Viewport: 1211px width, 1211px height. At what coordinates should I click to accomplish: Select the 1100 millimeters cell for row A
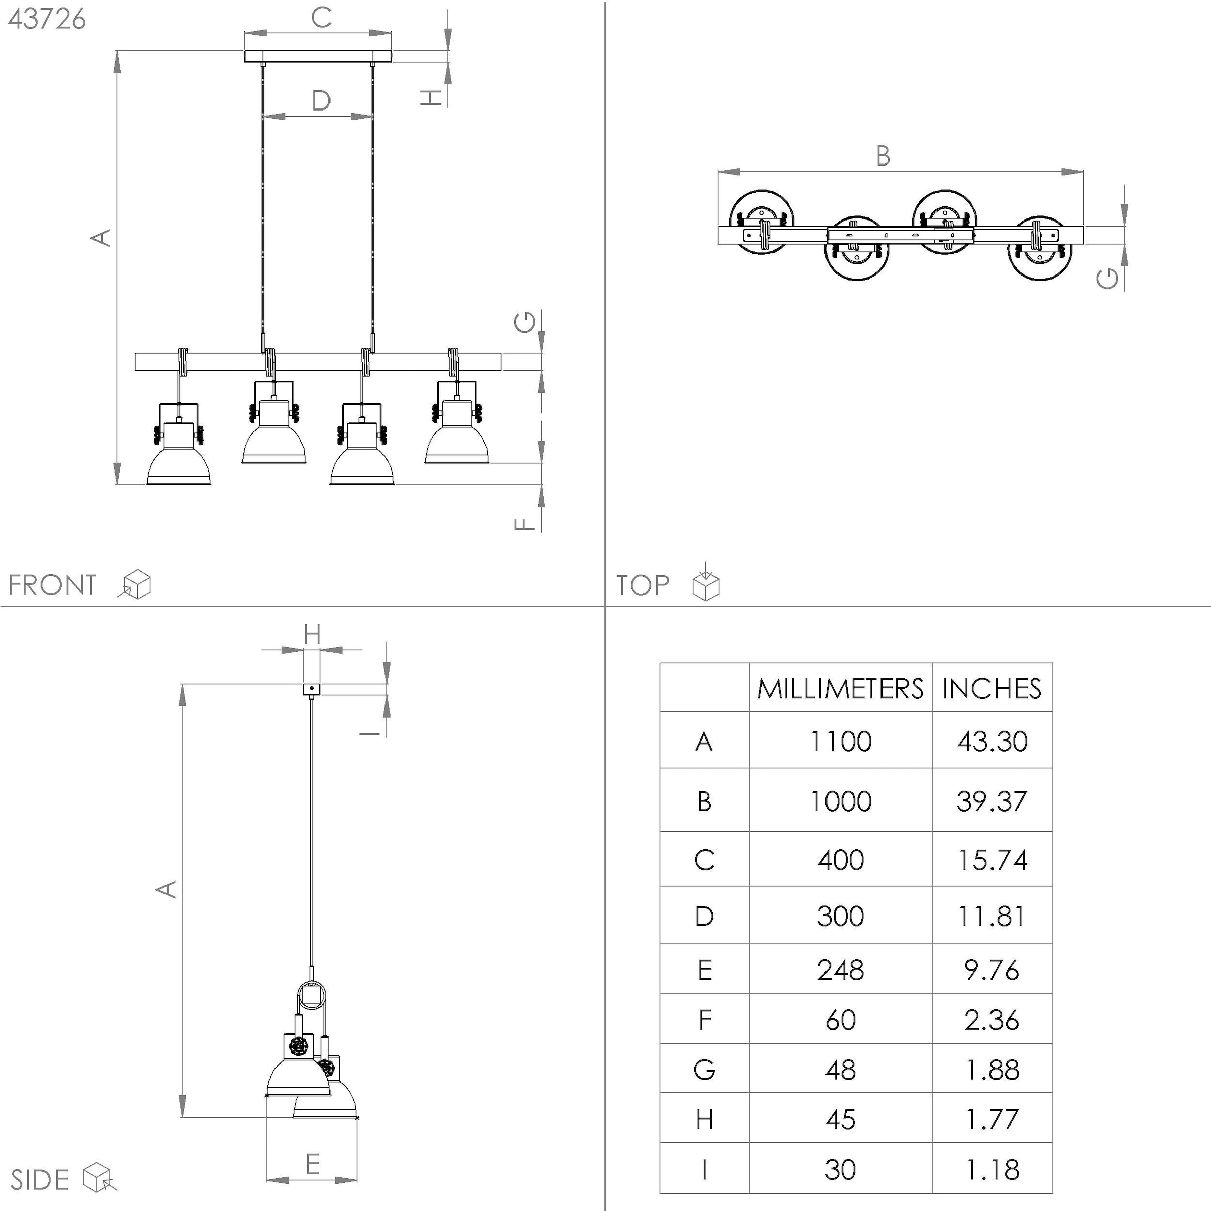click(841, 742)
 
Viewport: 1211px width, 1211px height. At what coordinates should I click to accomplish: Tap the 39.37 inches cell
click(992, 801)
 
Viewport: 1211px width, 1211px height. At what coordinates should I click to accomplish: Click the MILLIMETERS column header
click(841, 688)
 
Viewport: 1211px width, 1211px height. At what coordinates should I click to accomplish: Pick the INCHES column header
click(992, 688)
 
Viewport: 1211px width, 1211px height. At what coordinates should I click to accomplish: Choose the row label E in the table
click(704, 970)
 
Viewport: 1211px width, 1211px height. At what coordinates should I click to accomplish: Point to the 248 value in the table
click(841, 970)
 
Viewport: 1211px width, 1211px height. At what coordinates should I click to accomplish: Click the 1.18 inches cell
click(992, 1170)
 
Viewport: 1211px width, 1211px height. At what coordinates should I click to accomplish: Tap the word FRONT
click(52, 585)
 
